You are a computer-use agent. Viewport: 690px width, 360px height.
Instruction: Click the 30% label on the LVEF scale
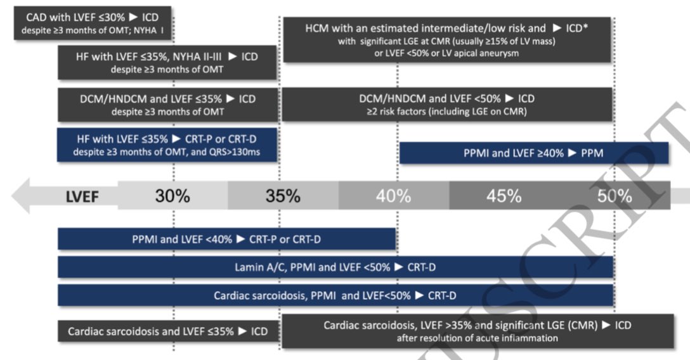coord(172,196)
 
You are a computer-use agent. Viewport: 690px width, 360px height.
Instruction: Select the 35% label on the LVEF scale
coord(283,196)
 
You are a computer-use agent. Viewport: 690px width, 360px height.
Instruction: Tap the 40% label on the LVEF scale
coord(393,196)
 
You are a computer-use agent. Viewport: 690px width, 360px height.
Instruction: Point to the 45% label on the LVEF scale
coord(504,196)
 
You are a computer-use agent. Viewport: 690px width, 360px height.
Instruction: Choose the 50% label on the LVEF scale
coord(614,196)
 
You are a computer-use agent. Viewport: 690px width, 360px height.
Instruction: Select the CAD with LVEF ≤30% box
coord(95,22)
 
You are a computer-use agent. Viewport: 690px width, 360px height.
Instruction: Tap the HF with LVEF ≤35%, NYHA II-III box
coord(167,62)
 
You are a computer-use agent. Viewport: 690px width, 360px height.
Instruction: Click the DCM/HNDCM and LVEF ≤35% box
coord(167,105)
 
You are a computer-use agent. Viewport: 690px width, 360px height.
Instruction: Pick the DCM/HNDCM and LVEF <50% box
coord(446,105)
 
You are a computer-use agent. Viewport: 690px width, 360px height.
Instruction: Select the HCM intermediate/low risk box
coord(446,40)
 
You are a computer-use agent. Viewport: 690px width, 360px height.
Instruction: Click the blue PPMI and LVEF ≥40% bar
coord(534,153)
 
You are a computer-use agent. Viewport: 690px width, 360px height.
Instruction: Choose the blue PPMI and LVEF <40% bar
coord(227,239)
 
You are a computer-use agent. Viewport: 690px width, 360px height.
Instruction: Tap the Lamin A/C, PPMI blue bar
coord(335,267)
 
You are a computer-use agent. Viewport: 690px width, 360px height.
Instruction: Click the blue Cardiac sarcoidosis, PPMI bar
coord(335,295)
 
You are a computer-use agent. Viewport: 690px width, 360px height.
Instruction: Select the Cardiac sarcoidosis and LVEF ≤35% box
coord(167,331)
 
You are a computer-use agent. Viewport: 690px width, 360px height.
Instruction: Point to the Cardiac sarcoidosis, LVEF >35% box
coord(446,331)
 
